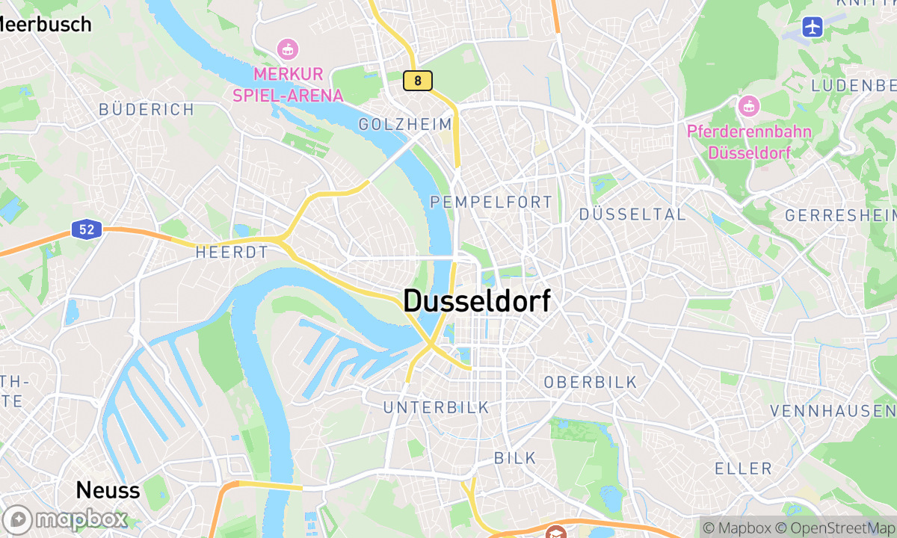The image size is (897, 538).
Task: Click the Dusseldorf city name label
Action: [477, 301]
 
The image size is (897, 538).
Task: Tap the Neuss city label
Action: [108, 490]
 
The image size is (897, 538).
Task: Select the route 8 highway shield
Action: [417, 81]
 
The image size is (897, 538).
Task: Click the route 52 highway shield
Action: [87, 229]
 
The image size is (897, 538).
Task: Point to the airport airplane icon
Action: [813, 28]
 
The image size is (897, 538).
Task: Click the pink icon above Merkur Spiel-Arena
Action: [287, 50]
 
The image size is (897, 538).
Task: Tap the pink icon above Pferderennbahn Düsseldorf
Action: [747, 107]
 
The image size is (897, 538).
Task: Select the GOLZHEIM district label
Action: [405, 125]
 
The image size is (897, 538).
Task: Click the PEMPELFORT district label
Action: [491, 202]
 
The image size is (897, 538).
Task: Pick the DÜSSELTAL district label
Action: [632, 214]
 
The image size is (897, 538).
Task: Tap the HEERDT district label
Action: [231, 253]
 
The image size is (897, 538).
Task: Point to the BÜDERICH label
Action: [147, 110]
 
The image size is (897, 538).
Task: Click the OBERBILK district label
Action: [591, 383]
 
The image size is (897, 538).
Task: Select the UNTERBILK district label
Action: [436, 407]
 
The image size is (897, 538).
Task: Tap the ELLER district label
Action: [743, 469]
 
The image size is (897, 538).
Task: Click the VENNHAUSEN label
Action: [832, 411]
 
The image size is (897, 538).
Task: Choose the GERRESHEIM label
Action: [840, 215]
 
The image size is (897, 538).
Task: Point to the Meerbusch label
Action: [45, 25]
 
